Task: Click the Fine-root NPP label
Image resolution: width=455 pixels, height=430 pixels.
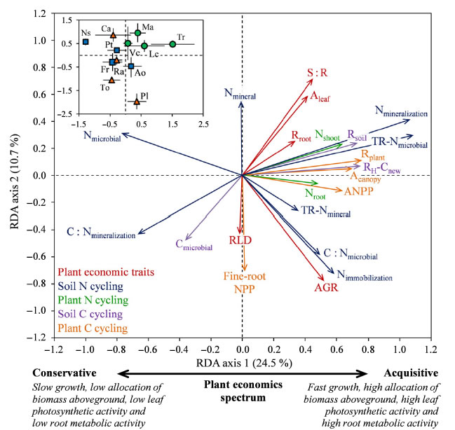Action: pyautogui.click(x=240, y=282)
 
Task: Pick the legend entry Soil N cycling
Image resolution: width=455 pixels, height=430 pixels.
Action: pyautogui.click(x=91, y=286)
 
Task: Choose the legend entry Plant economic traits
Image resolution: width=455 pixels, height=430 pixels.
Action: pyautogui.click(x=106, y=272)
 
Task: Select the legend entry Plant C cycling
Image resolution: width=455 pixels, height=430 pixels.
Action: pyautogui.click(x=93, y=328)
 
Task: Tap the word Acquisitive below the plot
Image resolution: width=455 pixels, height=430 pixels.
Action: pyautogui.click(x=410, y=373)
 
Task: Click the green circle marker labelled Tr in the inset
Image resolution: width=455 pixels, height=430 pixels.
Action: pyautogui.click(x=172, y=44)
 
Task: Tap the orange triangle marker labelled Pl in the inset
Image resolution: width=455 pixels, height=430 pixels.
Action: pyautogui.click(x=137, y=102)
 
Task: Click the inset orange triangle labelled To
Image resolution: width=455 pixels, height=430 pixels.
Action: pyautogui.click(x=111, y=80)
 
